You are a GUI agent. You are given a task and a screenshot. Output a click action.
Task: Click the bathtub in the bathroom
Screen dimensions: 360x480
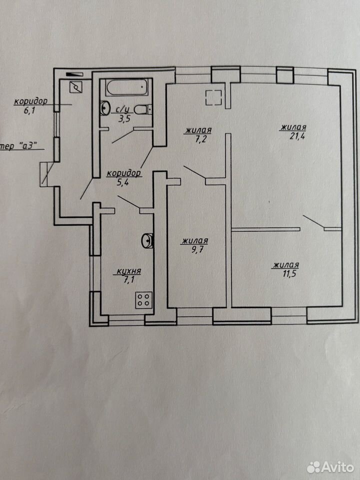pyautogui.click(x=128, y=88)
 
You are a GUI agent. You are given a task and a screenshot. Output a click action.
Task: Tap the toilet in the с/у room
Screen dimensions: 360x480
pyautogui.click(x=143, y=109)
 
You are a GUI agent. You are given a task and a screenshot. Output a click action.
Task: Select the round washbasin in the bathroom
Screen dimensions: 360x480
pyautogui.click(x=105, y=108)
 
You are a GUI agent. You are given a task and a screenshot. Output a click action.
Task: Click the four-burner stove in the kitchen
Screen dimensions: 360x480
pyautogui.click(x=144, y=300)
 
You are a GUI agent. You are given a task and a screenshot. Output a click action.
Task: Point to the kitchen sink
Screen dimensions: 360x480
pyautogui.click(x=147, y=240)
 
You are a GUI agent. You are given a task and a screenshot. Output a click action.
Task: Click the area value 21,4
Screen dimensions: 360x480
pyautogui.click(x=297, y=136)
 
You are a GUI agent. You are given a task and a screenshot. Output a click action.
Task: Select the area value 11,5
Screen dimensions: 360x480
pyautogui.click(x=289, y=273)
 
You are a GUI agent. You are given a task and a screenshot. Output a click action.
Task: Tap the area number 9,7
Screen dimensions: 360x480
pyautogui.click(x=197, y=249)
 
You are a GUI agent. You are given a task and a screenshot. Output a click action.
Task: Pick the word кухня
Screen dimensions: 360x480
pyautogui.click(x=129, y=271)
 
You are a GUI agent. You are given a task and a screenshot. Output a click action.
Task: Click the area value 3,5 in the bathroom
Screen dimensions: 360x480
pyautogui.click(x=124, y=118)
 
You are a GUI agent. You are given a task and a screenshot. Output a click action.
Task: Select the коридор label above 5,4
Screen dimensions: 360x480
pyautogui.click(x=124, y=173)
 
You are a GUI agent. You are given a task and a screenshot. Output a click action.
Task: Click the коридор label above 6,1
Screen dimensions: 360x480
pyautogui.click(x=31, y=101)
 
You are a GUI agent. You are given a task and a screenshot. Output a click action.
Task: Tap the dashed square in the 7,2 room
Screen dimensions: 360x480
pyautogui.click(x=213, y=97)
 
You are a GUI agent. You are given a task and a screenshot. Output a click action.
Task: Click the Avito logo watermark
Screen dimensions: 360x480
pyautogui.click(x=330, y=467)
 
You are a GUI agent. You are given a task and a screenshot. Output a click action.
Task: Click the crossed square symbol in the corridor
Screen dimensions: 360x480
pyautogui.click(x=76, y=87)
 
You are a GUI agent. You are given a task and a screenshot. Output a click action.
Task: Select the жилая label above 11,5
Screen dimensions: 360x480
pyautogui.click(x=285, y=265)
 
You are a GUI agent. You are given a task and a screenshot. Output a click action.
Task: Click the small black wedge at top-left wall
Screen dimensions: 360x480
pyautogui.click(x=74, y=74)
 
